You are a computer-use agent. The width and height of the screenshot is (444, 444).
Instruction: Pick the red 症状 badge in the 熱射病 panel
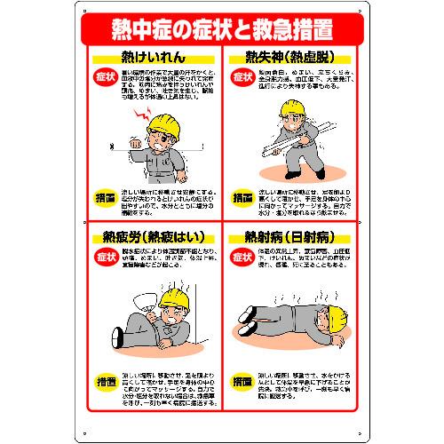[242, 258]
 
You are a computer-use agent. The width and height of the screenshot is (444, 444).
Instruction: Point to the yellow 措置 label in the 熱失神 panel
[242, 197]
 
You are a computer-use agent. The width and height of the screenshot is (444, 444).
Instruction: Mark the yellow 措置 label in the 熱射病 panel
[242, 380]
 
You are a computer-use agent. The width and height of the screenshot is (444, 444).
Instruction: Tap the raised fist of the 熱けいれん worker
[134, 142]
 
